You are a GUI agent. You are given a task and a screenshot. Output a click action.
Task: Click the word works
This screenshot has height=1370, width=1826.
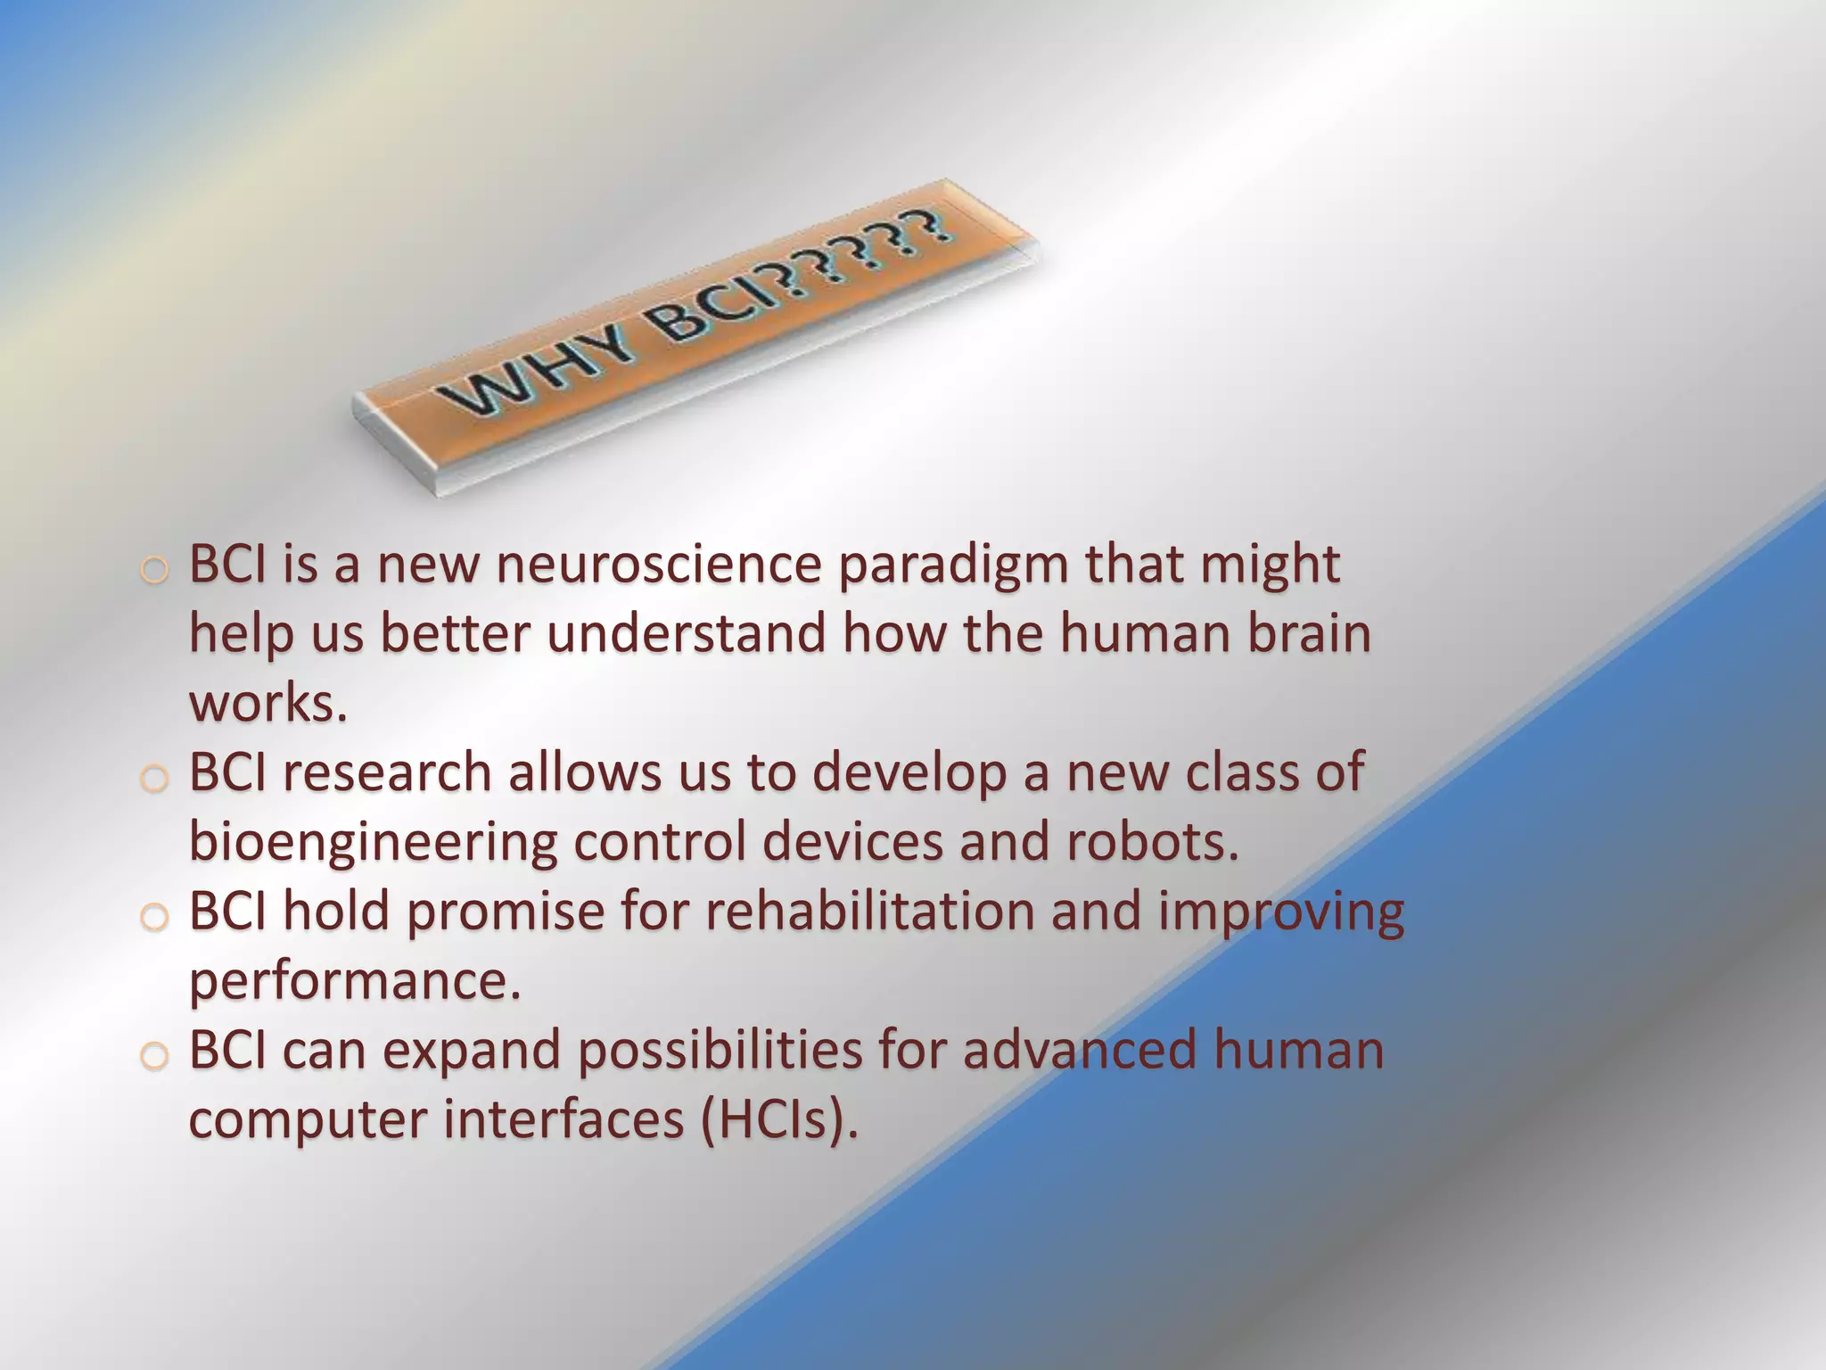(267, 704)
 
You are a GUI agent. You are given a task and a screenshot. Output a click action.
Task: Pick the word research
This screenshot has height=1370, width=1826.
(387, 772)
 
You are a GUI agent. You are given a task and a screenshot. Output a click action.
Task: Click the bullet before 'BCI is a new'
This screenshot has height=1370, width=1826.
(154, 571)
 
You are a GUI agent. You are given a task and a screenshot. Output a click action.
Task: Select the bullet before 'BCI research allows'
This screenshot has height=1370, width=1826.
(154, 779)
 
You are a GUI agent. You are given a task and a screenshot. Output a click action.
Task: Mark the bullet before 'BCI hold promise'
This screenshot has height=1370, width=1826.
(154, 917)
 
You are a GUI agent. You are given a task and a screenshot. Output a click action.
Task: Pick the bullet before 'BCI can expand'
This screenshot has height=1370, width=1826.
(154, 1056)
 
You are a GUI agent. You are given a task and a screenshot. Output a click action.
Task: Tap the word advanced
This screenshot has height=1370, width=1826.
(1080, 1051)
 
